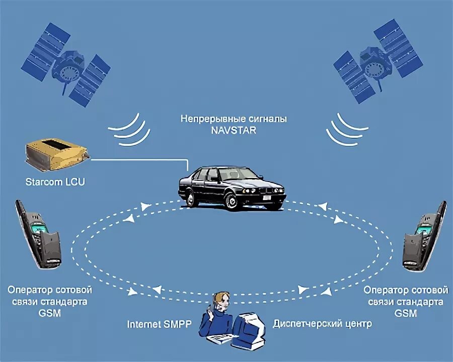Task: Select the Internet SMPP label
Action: [x=159, y=324]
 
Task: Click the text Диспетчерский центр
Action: [x=322, y=323]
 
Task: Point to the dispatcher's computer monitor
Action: [x=250, y=326]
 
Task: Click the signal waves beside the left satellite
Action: [x=130, y=129]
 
